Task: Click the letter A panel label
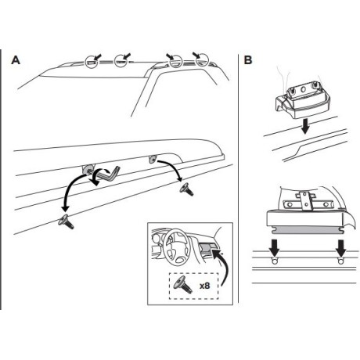16,60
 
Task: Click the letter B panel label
248,60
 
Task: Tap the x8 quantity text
204,286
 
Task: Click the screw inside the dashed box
184,284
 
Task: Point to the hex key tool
110,175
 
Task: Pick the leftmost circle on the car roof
92,62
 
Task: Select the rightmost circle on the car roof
202,59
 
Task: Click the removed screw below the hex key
66,221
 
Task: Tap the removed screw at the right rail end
186,189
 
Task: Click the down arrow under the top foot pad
305,127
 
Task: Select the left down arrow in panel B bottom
274,248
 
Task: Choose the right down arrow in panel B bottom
340,248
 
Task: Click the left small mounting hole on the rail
275,261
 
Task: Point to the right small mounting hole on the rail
340,261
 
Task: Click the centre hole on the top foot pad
303,89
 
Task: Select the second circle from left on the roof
121,62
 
